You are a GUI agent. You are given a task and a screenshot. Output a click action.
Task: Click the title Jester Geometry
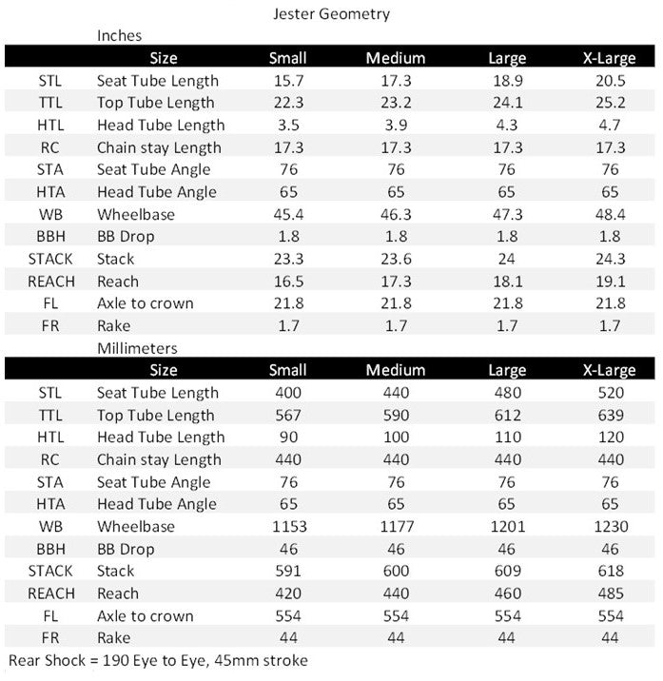pyautogui.click(x=331, y=14)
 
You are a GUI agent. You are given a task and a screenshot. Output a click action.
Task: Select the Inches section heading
pyautogui.click(x=120, y=35)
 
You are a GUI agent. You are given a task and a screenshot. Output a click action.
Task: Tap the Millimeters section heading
pyautogui.click(x=137, y=348)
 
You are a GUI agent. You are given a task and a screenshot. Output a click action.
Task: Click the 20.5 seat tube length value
pyautogui.click(x=609, y=81)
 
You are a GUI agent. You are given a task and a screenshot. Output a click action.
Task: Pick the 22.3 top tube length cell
pyautogui.click(x=288, y=103)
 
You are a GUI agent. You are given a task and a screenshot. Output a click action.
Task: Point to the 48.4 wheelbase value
pyautogui.click(x=609, y=214)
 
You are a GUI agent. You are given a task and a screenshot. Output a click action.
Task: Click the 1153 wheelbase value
pyautogui.click(x=288, y=526)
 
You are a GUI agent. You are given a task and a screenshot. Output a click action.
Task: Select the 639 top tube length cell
pyautogui.click(x=609, y=415)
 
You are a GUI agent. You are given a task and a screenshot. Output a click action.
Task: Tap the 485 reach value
pyautogui.click(x=609, y=593)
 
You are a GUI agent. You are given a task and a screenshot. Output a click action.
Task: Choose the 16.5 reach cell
pyautogui.click(x=288, y=281)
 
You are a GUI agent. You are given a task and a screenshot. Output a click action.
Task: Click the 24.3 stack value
pyautogui.click(x=609, y=259)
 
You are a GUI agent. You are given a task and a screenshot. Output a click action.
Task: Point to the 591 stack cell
pyautogui.click(x=288, y=571)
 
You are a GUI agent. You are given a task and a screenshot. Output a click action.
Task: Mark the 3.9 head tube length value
pyautogui.click(x=396, y=125)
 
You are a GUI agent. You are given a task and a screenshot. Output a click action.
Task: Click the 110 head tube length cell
pyautogui.click(x=507, y=437)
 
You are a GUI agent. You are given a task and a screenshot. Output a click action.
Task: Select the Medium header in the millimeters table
pyautogui.click(x=396, y=370)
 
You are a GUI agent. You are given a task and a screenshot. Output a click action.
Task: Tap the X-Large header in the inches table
pyautogui.click(x=609, y=58)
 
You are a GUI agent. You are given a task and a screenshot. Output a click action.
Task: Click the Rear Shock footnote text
pyautogui.click(x=158, y=660)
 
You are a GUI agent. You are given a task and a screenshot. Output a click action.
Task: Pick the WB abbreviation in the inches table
pyautogui.click(x=50, y=214)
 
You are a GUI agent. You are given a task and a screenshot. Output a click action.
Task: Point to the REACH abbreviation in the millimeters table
pyautogui.click(x=50, y=593)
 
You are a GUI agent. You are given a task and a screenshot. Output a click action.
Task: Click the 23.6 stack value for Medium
pyautogui.click(x=396, y=259)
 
